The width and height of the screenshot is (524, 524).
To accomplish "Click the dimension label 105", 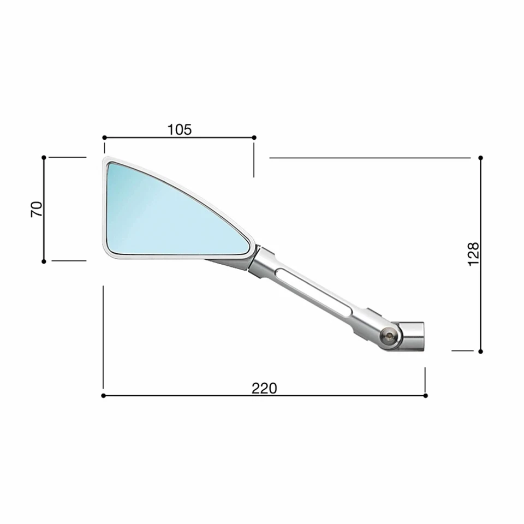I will coord(180,129).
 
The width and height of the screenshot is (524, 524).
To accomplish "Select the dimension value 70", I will coord(37,209).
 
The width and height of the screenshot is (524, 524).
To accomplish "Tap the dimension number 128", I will coord(473,254).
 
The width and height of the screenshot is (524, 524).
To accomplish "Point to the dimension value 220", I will coord(264,388).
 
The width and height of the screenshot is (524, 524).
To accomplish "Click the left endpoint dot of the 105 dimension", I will coord(104,138).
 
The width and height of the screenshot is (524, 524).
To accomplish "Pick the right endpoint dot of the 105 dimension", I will coord(254,138).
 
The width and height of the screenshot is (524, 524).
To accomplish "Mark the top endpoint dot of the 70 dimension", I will coord(44,157).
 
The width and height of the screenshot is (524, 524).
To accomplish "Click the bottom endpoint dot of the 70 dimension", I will coord(44,261).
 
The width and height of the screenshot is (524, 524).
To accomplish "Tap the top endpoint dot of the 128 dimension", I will coord(480,158).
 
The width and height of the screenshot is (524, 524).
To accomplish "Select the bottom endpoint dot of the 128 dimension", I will coord(480,351).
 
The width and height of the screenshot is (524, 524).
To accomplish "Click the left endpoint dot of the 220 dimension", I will coord(103,395).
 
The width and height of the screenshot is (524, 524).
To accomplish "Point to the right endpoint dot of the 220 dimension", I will coord(425,395).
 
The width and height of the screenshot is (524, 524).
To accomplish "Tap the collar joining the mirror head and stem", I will coord(260,261).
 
